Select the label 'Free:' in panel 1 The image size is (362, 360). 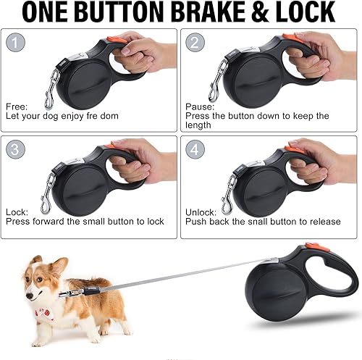18,105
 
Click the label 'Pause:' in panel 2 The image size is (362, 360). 200,105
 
